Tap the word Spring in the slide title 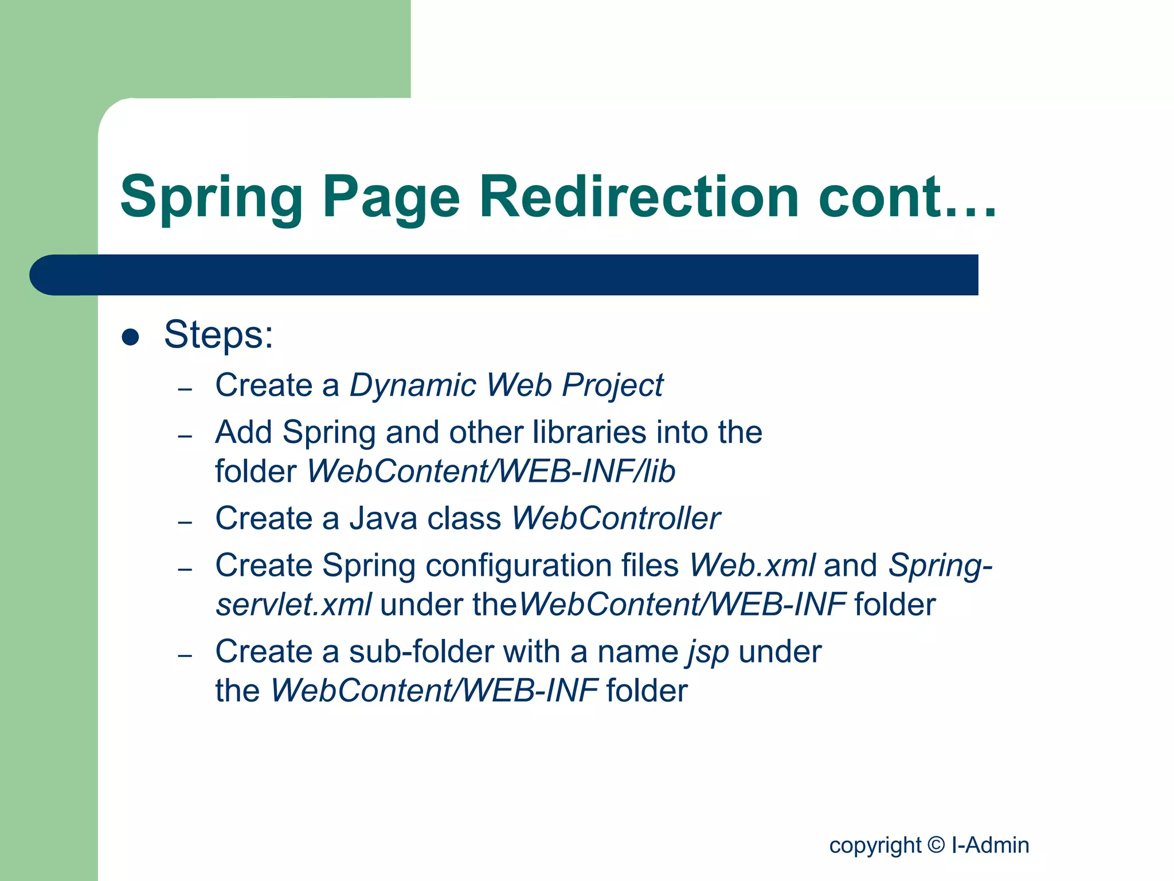[212, 198]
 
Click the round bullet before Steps [131, 337]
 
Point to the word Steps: [218, 334]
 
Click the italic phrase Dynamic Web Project [506, 385]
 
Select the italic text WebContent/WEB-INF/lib [491, 471]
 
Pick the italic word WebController [616, 519]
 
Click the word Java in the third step [383, 519]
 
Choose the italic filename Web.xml [752, 566]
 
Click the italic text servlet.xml [293, 605]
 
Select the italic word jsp [709, 653]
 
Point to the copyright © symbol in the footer [936, 845]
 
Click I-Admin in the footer [990, 845]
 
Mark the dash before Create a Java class [185, 523]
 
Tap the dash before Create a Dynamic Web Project [185, 389]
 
